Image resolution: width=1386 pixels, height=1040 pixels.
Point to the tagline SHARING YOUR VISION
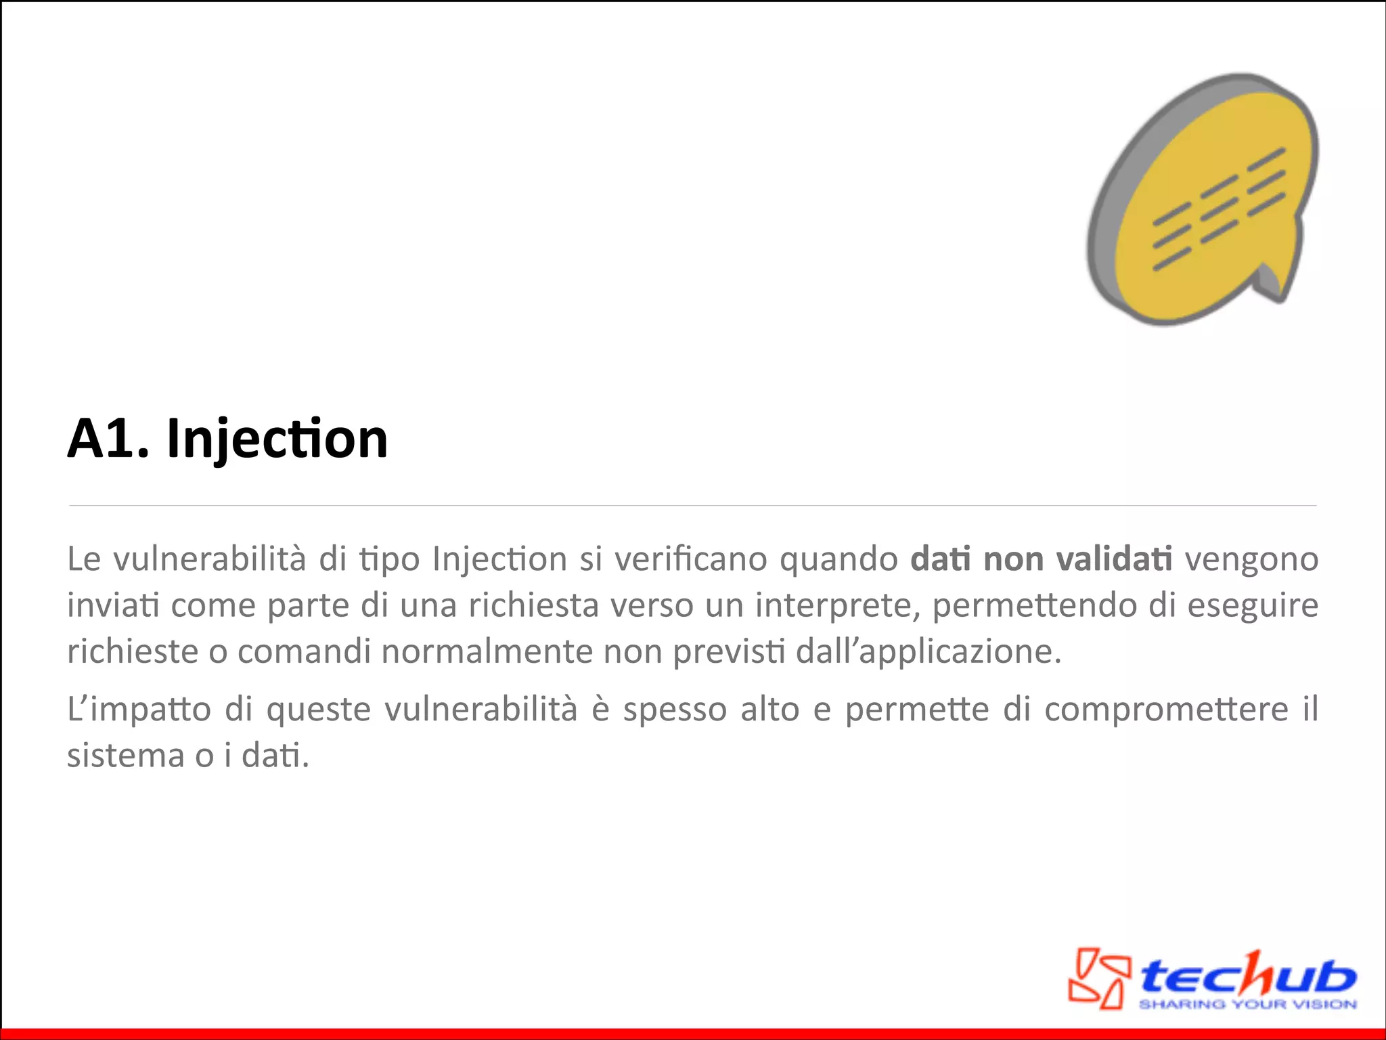pos(1247,1004)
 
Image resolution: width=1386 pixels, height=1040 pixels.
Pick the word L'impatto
pos(139,710)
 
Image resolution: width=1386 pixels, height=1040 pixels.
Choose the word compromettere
pos(1166,710)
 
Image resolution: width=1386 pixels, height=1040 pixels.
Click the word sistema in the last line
pos(125,756)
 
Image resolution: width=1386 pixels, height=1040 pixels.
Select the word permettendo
pos(1035,605)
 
